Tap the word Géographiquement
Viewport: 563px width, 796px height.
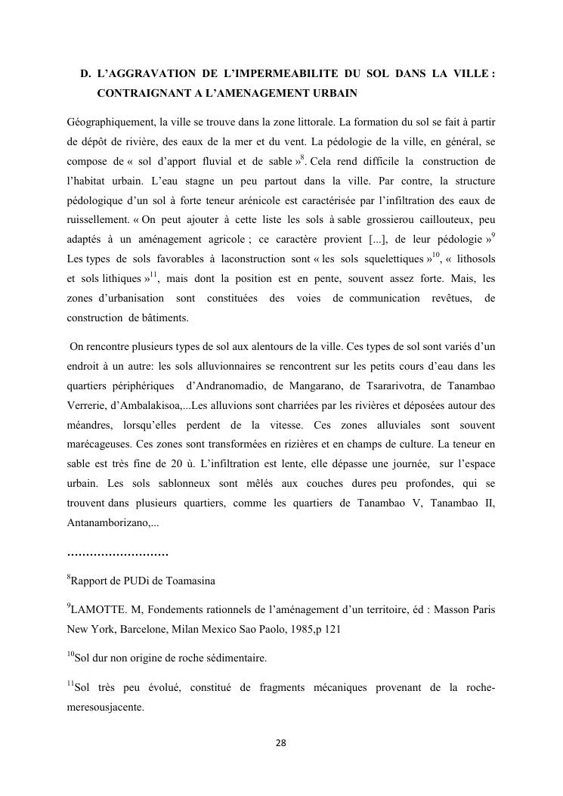(107, 121)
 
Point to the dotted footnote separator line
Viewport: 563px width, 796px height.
(117, 554)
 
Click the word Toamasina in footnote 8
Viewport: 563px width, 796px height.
(189, 581)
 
